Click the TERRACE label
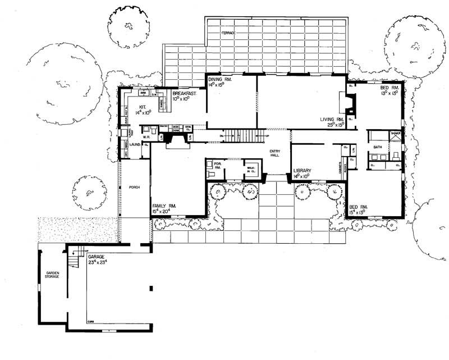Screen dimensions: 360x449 (x=228, y=34)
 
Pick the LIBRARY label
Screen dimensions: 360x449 (x=304, y=170)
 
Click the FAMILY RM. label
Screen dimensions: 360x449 (x=164, y=207)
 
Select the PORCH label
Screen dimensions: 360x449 (x=134, y=188)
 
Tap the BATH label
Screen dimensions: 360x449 (x=375, y=147)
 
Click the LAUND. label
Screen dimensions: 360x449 (x=135, y=144)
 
